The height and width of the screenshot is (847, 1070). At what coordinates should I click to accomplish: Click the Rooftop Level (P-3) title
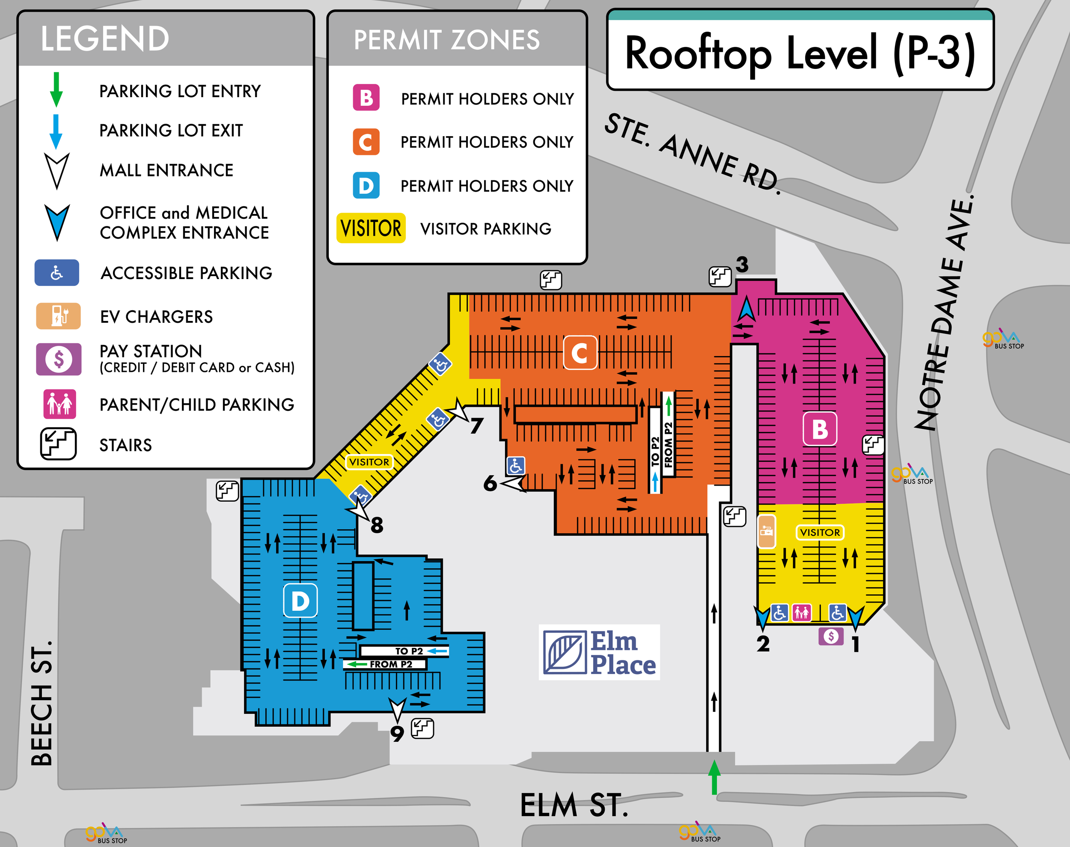pyautogui.click(x=800, y=53)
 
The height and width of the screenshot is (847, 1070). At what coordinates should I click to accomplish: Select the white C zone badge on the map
pyautogui.click(x=580, y=353)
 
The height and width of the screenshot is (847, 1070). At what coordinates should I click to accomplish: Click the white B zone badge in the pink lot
pyautogui.click(x=820, y=429)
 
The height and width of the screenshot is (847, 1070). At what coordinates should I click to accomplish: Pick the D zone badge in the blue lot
pyautogui.click(x=300, y=600)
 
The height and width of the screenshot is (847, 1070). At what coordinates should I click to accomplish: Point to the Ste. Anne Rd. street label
pyautogui.click(x=692, y=154)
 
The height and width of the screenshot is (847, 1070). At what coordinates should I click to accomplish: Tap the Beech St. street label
pyautogui.click(x=42, y=704)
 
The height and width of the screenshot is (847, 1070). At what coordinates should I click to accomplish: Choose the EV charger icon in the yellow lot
pyautogui.click(x=766, y=531)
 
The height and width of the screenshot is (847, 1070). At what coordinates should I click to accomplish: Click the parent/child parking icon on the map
pyautogui.click(x=801, y=612)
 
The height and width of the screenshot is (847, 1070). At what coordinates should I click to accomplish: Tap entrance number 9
pyautogui.click(x=397, y=733)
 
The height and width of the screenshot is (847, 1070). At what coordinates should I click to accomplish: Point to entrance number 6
pyautogui.click(x=490, y=483)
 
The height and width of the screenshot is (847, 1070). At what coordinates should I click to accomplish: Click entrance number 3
pyautogui.click(x=742, y=265)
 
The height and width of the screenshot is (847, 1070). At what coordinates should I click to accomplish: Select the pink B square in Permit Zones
pyautogui.click(x=366, y=98)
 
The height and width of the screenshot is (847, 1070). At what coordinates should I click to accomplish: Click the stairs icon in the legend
pyautogui.click(x=58, y=444)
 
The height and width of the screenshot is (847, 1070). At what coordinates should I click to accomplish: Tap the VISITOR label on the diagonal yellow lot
pyautogui.click(x=369, y=462)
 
